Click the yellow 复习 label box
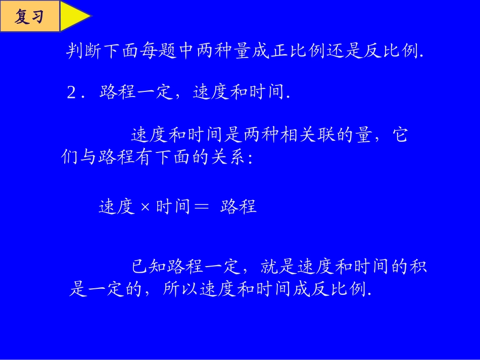pos(29,17)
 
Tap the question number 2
pos(71,93)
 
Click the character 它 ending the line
pos(400,135)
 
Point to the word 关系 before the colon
pos(228,158)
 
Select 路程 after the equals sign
pos(238,207)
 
